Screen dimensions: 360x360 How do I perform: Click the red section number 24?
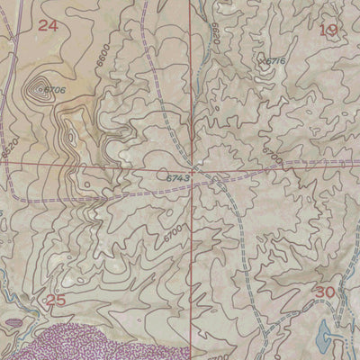pos(48,26)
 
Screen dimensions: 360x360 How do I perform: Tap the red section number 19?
pos(328,31)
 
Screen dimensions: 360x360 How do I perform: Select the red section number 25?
pos(56,300)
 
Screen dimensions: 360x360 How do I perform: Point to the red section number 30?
pos(324,292)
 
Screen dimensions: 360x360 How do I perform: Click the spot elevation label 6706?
pos(55,90)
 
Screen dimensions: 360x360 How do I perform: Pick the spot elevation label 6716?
pos(274,61)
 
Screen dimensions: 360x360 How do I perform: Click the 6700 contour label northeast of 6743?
pos(273,159)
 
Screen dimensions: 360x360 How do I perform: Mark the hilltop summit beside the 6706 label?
pos(38,88)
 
